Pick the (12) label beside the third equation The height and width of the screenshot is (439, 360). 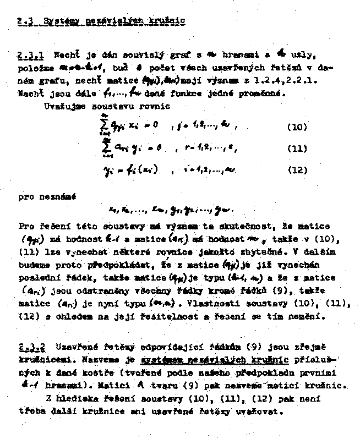pyautogui.click(x=297, y=171)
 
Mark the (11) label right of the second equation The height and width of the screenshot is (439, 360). pyautogui.click(x=297, y=149)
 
